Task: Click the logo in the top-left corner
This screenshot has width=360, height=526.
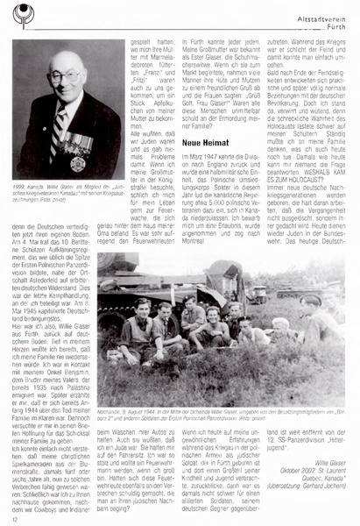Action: click(18, 16)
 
